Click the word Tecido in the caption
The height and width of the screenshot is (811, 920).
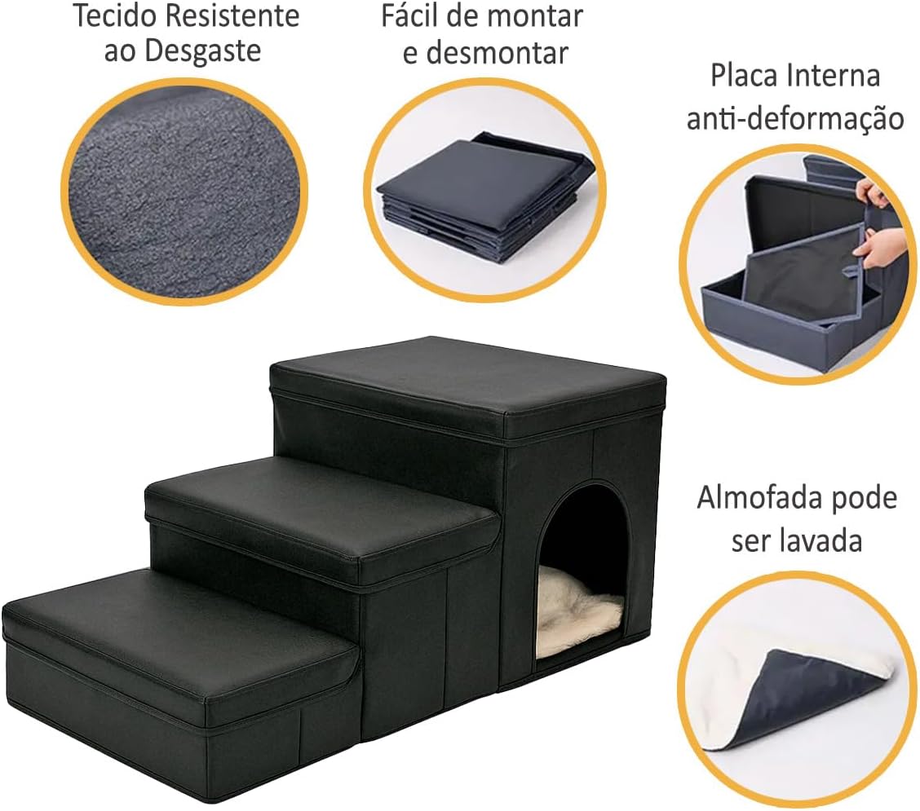[x=115, y=15]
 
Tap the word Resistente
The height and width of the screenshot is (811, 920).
[x=232, y=15]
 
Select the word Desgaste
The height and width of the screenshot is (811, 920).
[x=202, y=51]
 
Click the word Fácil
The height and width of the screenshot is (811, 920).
[x=411, y=15]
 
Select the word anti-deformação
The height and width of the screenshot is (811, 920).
[x=795, y=118]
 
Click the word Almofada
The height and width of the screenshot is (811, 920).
[x=756, y=499]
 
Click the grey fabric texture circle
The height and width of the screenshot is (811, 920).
[x=184, y=192]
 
